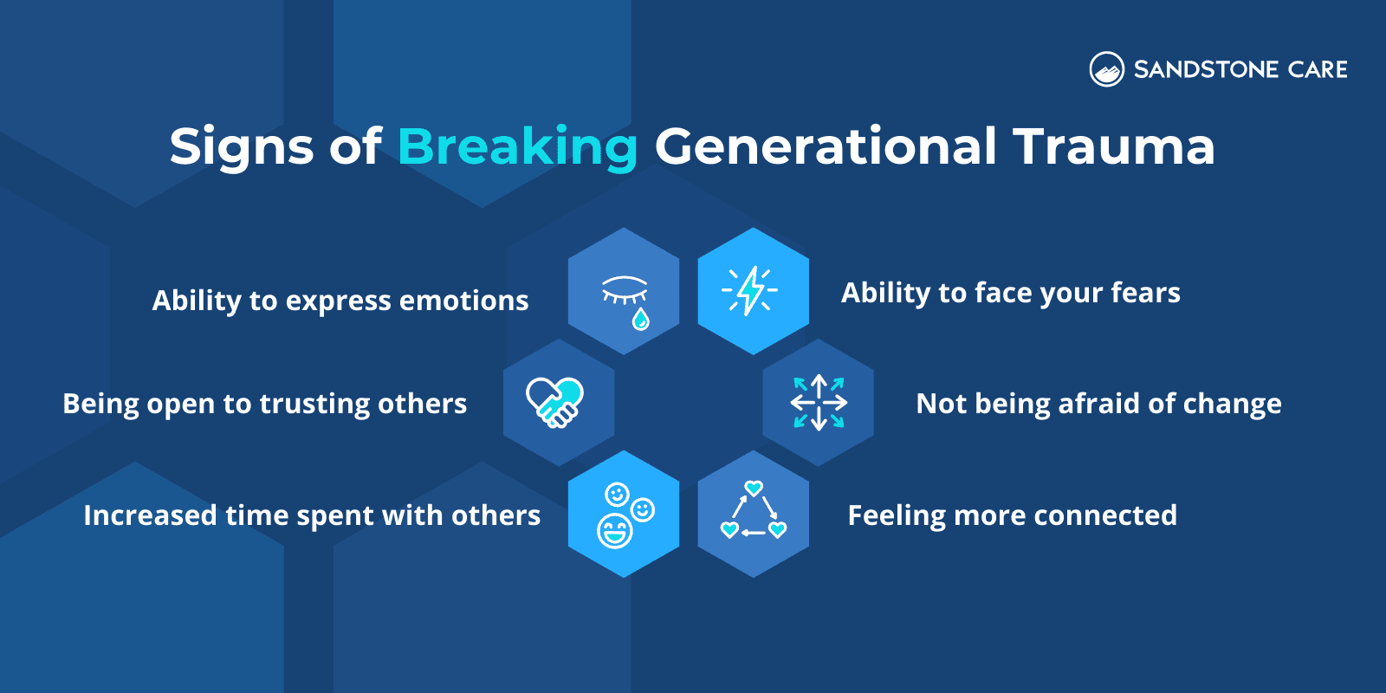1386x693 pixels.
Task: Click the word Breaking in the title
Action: click(517, 146)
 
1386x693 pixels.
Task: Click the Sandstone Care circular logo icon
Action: click(1106, 69)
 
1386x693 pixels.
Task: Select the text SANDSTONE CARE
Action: click(1240, 69)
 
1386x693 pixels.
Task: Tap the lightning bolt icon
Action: click(750, 291)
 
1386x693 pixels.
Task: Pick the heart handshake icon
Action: click(555, 402)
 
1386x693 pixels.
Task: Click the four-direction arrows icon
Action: click(819, 403)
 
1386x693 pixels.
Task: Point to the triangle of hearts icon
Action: click(754, 513)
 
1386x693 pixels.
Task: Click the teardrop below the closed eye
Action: click(640, 320)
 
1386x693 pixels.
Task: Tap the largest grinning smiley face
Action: click(615, 530)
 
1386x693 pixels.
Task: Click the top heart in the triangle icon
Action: click(754, 489)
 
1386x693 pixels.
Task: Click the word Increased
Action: click(150, 515)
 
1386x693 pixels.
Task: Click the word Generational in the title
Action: click(826, 146)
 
